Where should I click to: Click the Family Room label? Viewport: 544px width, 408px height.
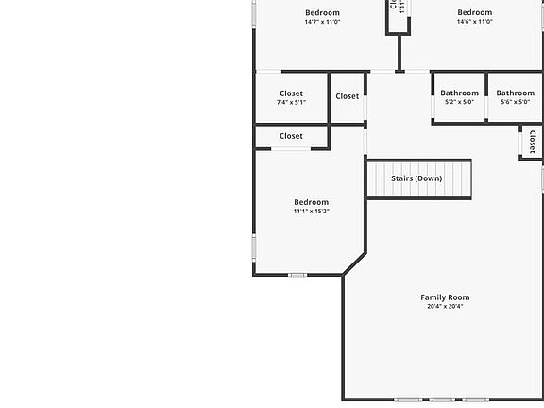point(445,297)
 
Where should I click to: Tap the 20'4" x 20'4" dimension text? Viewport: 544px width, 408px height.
point(445,307)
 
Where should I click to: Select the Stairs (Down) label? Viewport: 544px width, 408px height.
point(416,178)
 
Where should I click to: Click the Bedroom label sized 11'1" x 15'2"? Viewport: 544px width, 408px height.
point(311,202)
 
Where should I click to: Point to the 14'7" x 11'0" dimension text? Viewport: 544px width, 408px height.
point(322,22)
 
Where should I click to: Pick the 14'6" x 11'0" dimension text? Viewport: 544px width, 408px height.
point(475,22)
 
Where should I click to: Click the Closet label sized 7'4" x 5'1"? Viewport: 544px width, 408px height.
point(291,93)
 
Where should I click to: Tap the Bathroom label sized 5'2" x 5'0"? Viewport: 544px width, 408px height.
point(459,93)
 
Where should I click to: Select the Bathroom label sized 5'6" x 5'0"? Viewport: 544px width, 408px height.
point(515,93)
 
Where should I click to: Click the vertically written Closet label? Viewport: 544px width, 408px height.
point(532,143)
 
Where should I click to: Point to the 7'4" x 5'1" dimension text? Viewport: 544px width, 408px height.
point(291,102)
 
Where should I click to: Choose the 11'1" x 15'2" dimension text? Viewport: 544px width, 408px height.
point(311,212)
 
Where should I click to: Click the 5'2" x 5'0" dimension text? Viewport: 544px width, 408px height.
point(459,102)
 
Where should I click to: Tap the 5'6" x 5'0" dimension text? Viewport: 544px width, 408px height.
point(515,102)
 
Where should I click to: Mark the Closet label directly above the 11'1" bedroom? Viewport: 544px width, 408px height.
point(291,136)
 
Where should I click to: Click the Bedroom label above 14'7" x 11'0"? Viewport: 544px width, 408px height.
point(322,12)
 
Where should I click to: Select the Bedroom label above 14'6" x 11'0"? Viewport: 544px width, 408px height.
point(475,12)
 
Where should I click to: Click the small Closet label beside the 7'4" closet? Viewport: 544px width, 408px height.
point(347,96)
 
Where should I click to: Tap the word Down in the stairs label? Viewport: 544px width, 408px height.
point(428,178)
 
